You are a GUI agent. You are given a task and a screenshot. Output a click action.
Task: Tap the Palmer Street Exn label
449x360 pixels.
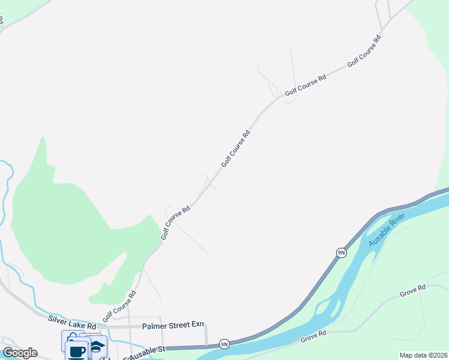pos(173,325)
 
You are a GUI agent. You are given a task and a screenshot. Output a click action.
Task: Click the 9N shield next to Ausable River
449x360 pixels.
pos(341,253)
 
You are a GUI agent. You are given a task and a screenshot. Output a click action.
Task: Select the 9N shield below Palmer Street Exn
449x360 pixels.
pos(224,344)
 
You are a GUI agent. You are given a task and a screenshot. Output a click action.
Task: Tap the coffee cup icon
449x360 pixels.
pos(77,352)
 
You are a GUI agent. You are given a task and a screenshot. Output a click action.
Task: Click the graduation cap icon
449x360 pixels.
pos(97,346)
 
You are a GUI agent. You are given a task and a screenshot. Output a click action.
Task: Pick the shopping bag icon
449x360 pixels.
pos(72,340)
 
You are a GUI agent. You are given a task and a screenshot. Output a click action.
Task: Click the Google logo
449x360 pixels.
pos(20,353)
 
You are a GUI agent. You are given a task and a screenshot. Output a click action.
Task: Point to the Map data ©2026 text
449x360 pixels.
pos(423,355)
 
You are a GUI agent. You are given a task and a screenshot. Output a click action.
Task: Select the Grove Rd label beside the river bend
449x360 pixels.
pos(313,337)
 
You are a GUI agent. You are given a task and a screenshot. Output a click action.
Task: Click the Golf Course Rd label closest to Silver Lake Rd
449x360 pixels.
pos(119,306)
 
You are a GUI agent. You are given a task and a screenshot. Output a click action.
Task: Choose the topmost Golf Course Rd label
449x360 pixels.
pos(364,51)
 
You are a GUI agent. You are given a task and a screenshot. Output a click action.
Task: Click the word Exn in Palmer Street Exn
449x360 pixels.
pos(197,325)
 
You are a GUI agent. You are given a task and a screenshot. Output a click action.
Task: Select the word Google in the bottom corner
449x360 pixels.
pos(20,353)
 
